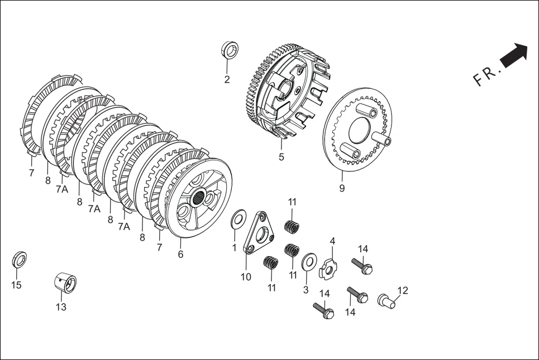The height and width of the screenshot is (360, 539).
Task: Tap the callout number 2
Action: [227, 80]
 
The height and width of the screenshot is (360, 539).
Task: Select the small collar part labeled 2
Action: [230, 50]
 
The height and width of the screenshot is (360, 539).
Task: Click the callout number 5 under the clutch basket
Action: [282, 157]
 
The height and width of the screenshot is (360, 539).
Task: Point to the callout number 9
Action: [342, 188]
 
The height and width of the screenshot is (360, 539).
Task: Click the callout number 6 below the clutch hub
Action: [180, 254]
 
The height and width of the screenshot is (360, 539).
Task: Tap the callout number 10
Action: [246, 276]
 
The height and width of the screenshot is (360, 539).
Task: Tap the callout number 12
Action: [403, 290]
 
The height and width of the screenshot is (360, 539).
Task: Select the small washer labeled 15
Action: [20, 260]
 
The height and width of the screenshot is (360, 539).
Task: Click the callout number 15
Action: [17, 285]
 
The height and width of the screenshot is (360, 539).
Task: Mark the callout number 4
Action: [332, 241]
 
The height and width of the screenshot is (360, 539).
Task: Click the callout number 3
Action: [306, 290]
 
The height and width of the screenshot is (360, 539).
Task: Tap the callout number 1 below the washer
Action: [234, 247]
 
